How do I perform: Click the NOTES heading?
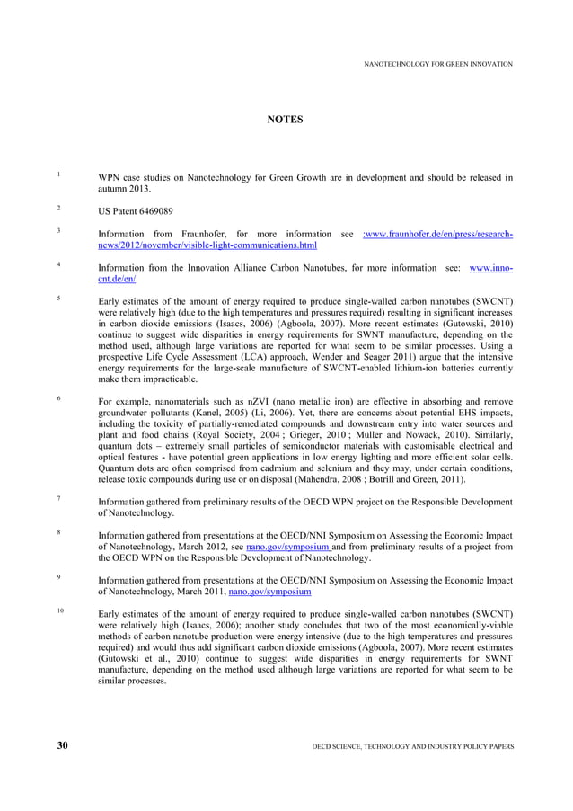[286, 120]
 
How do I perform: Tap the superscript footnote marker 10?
[60, 610]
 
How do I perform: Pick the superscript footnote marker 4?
[58, 264]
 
